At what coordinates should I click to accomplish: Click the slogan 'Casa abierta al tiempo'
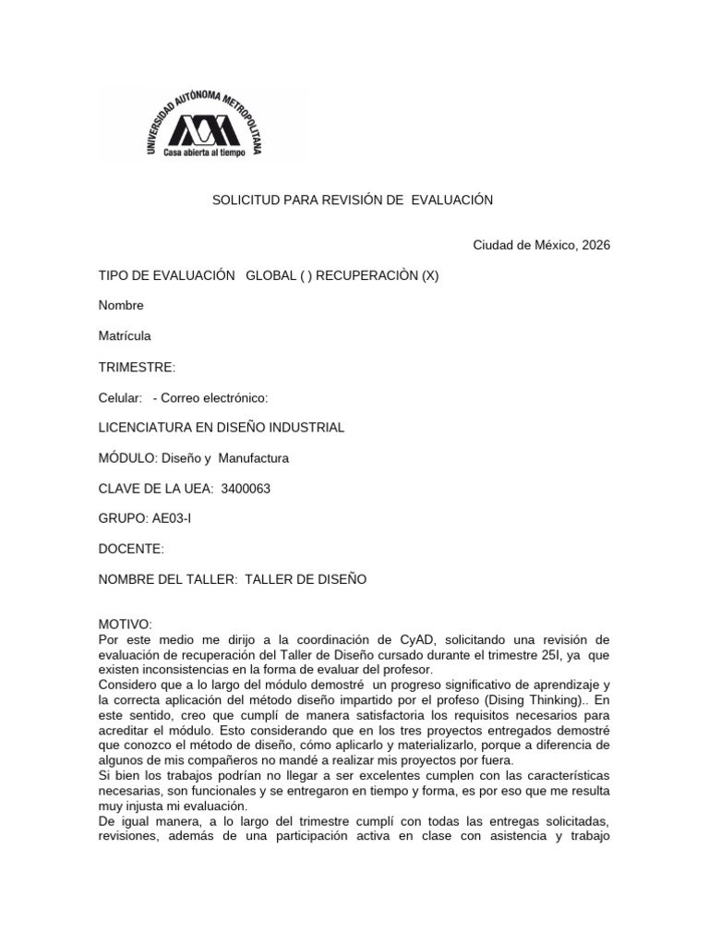coord(204,152)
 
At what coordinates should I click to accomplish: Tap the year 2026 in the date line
coord(595,245)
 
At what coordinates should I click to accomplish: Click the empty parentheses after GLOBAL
coord(306,276)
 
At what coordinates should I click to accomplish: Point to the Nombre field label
coord(121,306)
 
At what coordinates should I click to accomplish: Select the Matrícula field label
coord(125,336)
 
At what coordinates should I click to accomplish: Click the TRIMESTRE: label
coord(137,368)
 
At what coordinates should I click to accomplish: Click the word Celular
coord(120,397)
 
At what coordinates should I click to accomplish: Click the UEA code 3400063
coord(246,488)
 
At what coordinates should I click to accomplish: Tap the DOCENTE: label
coord(131,549)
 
